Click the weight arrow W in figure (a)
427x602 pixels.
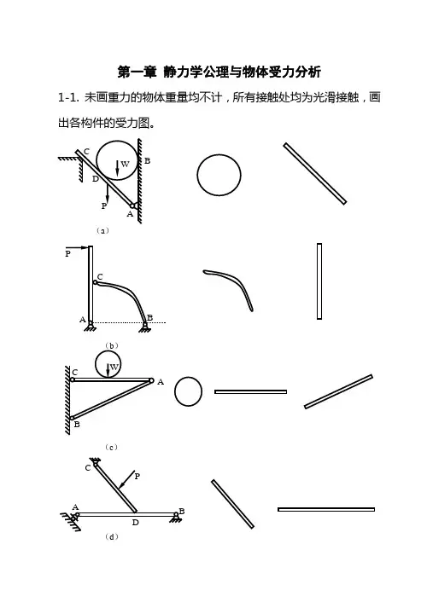pos(117,170)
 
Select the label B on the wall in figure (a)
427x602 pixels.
pos(148,161)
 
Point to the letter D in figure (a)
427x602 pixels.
pos(96,178)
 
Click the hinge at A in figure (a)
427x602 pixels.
pos(132,205)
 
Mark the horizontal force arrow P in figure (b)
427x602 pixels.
pos(77,247)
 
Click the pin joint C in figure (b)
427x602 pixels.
pos(96,282)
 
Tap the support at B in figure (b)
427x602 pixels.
pos(145,327)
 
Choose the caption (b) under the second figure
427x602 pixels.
pos(112,345)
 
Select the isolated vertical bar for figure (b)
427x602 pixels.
pos(319,281)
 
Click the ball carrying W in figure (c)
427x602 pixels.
pos(108,364)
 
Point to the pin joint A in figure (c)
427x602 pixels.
pos(151,380)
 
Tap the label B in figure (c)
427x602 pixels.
pos(77,425)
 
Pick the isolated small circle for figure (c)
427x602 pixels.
pos(188,391)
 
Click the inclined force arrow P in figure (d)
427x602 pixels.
pos(127,479)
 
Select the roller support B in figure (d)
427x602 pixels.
pos(176,517)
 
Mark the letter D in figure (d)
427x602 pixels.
pos(136,523)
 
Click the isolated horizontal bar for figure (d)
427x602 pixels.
pos(326,509)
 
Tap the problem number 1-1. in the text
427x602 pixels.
pos(69,97)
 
